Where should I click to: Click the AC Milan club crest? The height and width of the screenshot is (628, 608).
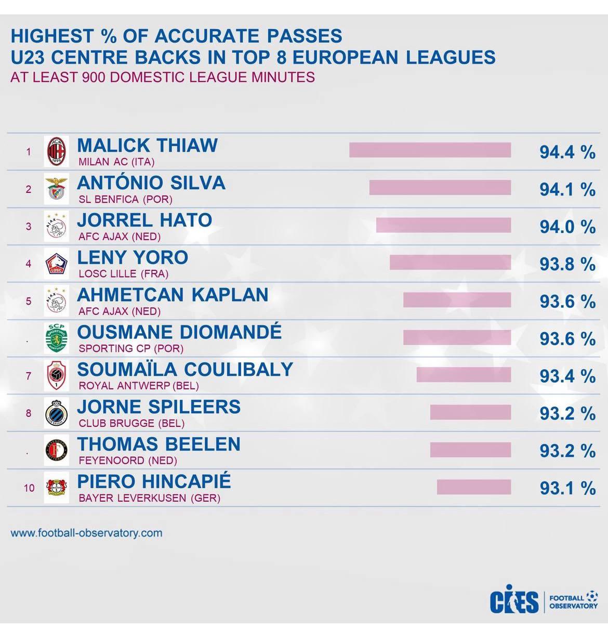tap(57, 151)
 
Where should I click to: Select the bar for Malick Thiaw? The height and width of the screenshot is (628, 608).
tap(430, 150)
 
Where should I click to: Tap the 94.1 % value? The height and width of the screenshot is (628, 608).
tap(567, 189)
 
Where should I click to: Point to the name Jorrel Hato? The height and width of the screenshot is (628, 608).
tap(144, 220)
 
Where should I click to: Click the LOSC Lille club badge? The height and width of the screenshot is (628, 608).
tap(57, 264)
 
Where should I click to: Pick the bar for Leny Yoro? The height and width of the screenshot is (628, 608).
tap(450, 263)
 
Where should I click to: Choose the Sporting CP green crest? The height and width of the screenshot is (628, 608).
tap(57, 338)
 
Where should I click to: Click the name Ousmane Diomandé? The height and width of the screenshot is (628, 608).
tap(179, 332)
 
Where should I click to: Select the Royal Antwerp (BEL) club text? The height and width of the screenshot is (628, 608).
tap(139, 386)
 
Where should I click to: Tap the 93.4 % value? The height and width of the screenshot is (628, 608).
tap(567, 376)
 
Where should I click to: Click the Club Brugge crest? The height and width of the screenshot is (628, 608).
tap(57, 413)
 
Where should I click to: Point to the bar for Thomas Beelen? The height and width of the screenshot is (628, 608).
tap(470, 450)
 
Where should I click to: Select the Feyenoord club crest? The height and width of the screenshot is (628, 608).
tap(57, 450)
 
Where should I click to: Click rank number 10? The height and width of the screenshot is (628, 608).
tap(29, 488)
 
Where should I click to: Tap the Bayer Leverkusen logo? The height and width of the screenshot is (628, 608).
tap(57, 488)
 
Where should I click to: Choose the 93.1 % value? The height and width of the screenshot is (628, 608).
tap(567, 488)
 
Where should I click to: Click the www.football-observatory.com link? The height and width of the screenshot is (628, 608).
tap(86, 533)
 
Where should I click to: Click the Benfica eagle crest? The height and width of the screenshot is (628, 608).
tap(57, 189)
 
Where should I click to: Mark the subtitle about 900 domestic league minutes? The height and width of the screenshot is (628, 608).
tap(163, 77)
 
